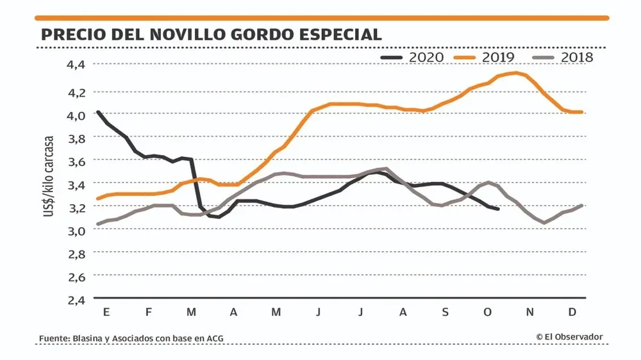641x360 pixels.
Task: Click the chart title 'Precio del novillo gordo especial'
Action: pos(211,34)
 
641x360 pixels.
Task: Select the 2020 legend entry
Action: pos(412,57)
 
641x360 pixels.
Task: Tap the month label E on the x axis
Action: pos(106,312)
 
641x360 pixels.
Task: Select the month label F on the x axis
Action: pos(149,312)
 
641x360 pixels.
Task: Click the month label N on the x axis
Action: pos(530,312)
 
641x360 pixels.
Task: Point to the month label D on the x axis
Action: pos(572,312)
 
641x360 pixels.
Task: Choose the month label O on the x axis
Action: pos(487,312)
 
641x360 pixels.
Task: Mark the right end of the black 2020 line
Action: pos(498,209)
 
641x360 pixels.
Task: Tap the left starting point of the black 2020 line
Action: pos(97,112)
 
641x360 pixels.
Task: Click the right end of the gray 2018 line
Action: pos(581,206)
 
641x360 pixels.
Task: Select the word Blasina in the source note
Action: pos(94,338)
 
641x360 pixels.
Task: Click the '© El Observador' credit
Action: pos(569,337)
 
